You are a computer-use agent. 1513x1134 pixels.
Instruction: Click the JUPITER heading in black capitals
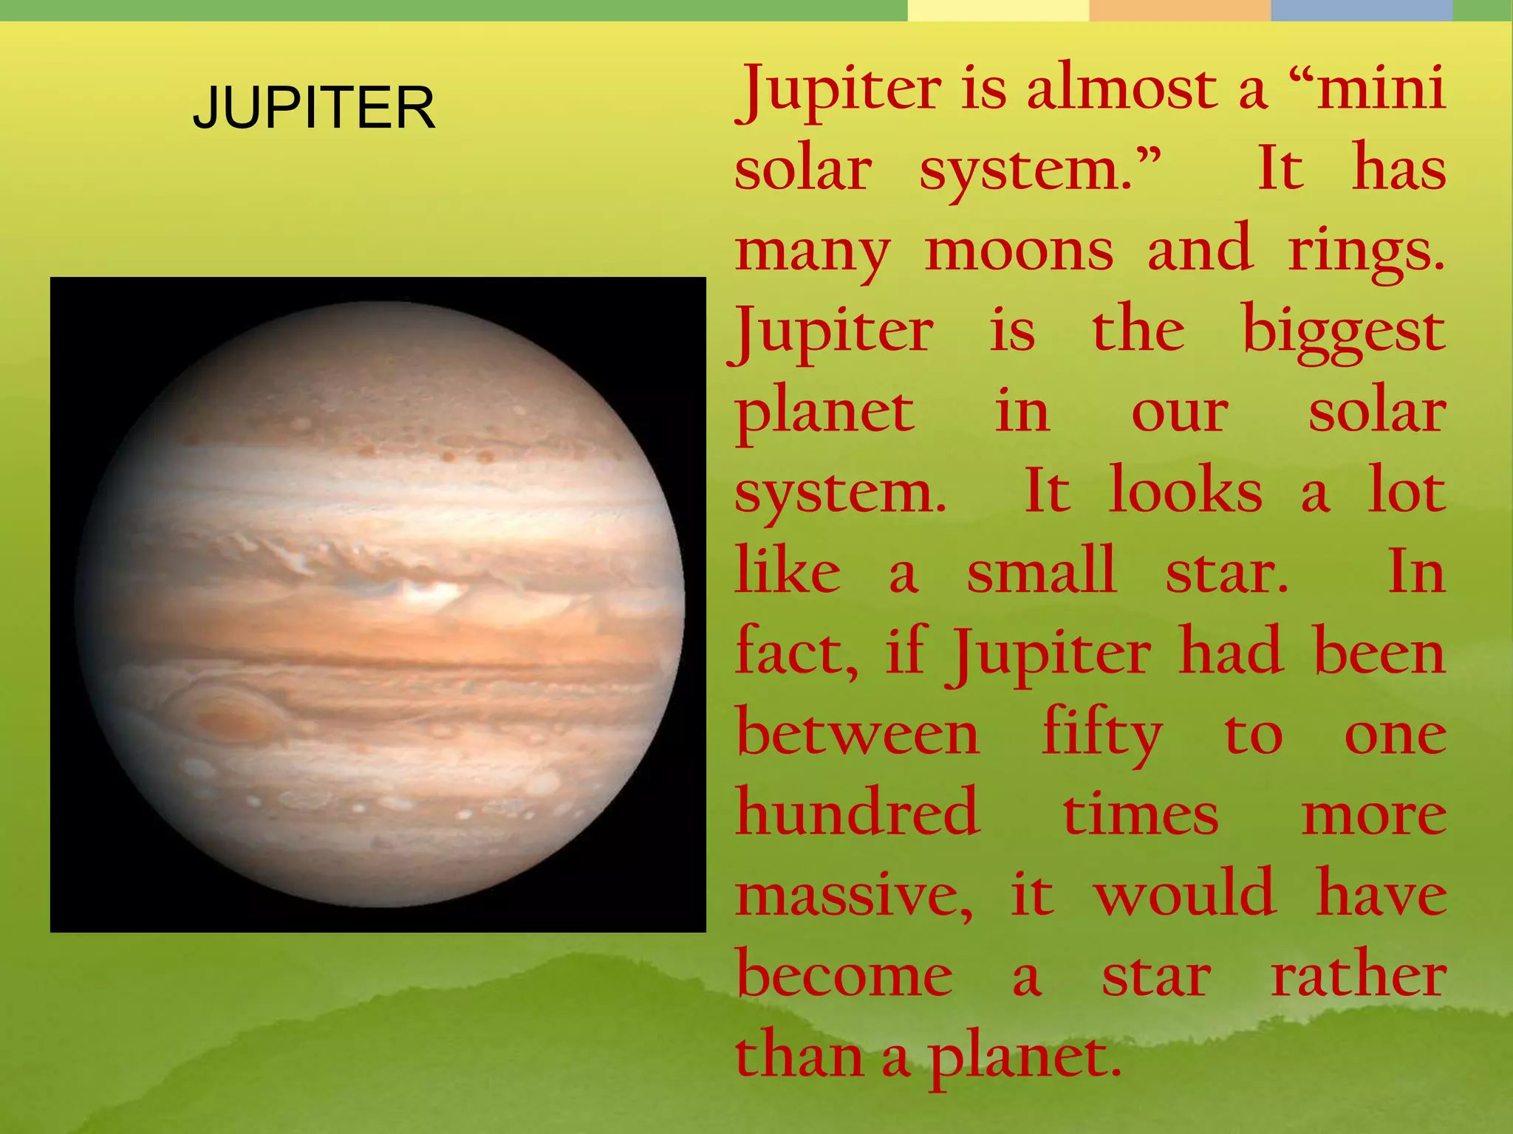(x=314, y=108)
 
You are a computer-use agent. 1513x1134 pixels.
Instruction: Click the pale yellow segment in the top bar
(x=998, y=10)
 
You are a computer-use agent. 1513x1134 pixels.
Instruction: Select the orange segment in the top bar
(x=1180, y=10)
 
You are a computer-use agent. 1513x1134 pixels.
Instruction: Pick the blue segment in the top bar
(x=1361, y=10)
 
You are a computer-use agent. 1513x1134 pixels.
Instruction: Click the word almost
(x=1121, y=89)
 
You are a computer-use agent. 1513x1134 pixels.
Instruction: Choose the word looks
(x=1185, y=492)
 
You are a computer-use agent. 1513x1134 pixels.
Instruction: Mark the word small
(x=1041, y=571)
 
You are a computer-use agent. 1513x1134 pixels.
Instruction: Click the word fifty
(x=1102, y=735)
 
